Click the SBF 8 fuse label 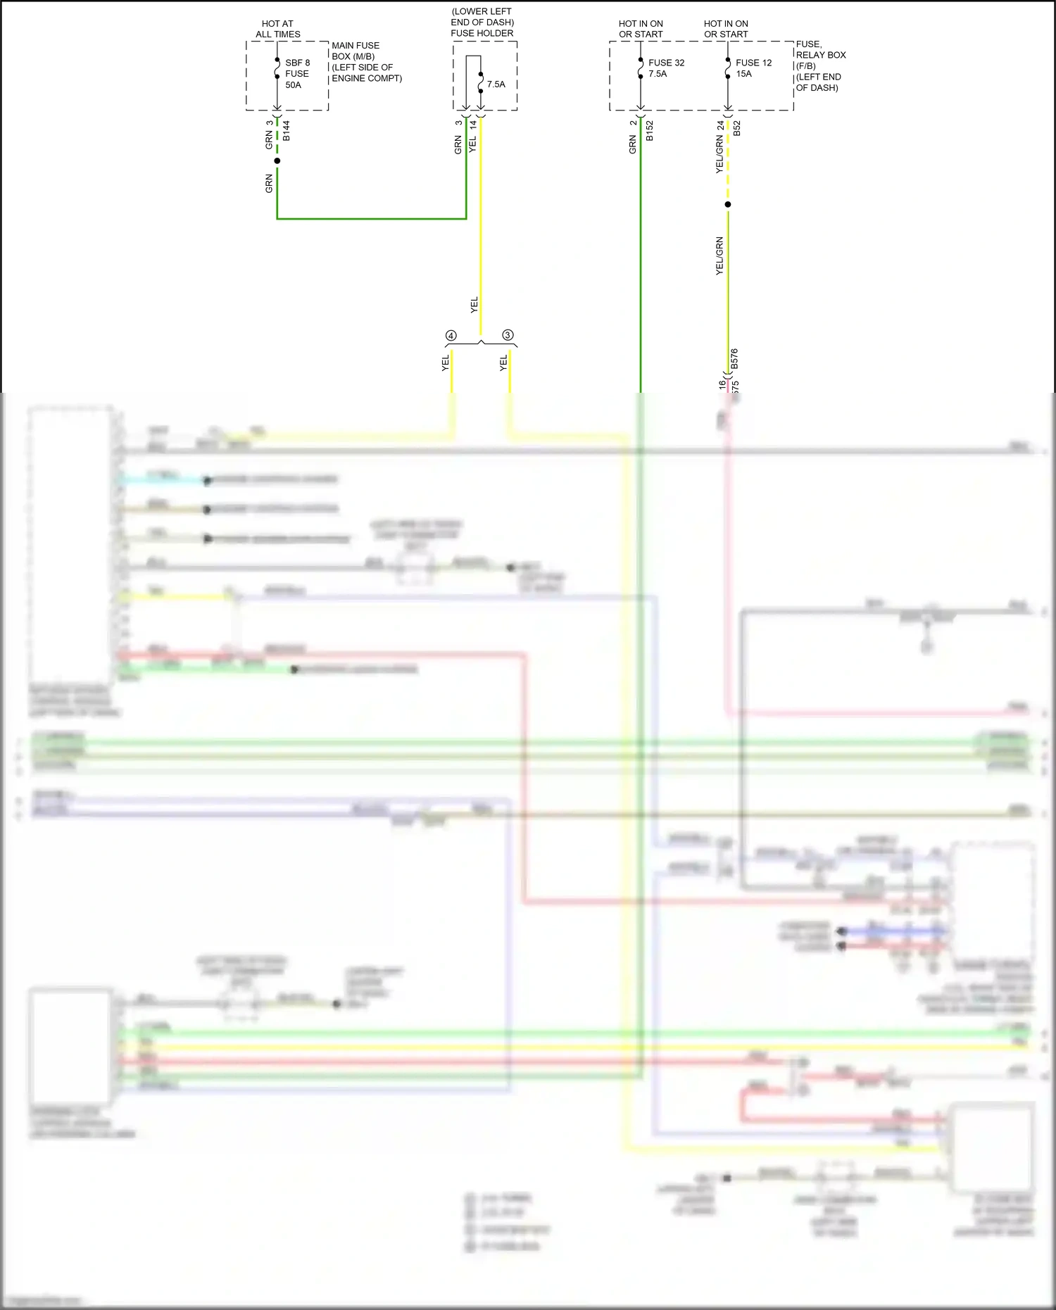pyautogui.click(x=297, y=63)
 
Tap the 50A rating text pyautogui.click(x=293, y=85)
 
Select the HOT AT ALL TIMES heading pyautogui.click(x=277, y=29)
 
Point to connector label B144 pyautogui.click(x=287, y=130)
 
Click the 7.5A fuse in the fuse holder pyautogui.click(x=496, y=84)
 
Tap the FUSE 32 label pyautogui.click(x=666, y=63)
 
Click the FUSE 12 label pyautogui.click(x=753, y=63)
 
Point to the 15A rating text pyautogui.click(x=743, y=74)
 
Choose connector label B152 pyautogui.click(x=650, y=130)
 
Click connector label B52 pyautogui.click(x=737, y=128)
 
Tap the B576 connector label pyautogui.click(x=734, y=359)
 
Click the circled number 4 pyautogui.click(x=451, y=336)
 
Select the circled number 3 pyautogui.click(x=508, y=335)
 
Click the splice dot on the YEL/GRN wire pyautogui.click(x=728, y=204)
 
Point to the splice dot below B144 pyautogui.click(x=277, y=161)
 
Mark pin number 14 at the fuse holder pyautogui.click(x=474, y=124)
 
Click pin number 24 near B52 pyautogui.click(x=720, y=125)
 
